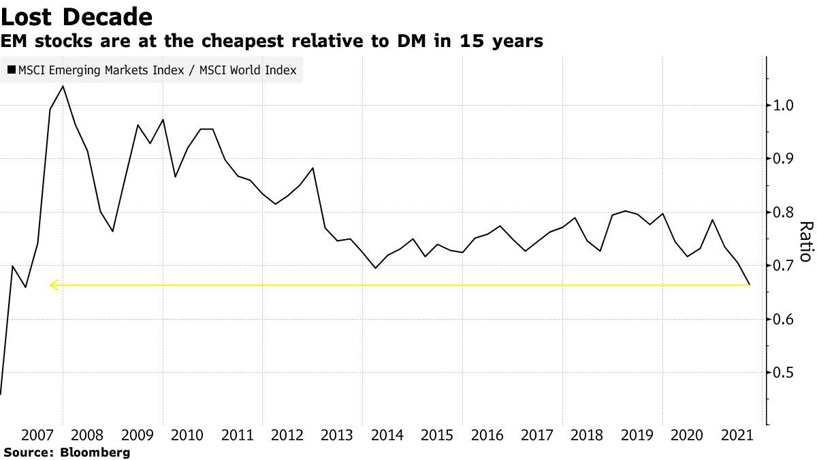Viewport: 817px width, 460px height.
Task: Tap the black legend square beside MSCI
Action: pos(12,70)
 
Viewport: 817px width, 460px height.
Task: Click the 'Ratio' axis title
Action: pos(805,242)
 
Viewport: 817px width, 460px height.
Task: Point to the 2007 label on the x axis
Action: pos(37,435)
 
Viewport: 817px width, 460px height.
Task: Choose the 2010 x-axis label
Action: pos(187,435)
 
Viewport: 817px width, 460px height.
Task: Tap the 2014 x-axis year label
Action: pos(387,435)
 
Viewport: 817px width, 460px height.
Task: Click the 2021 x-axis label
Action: pos(737,435)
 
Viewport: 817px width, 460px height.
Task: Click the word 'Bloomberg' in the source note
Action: pos(95,452)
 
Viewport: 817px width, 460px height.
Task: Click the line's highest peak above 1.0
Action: pos(63,86)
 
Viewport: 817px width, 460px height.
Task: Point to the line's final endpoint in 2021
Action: pos(750,285)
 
